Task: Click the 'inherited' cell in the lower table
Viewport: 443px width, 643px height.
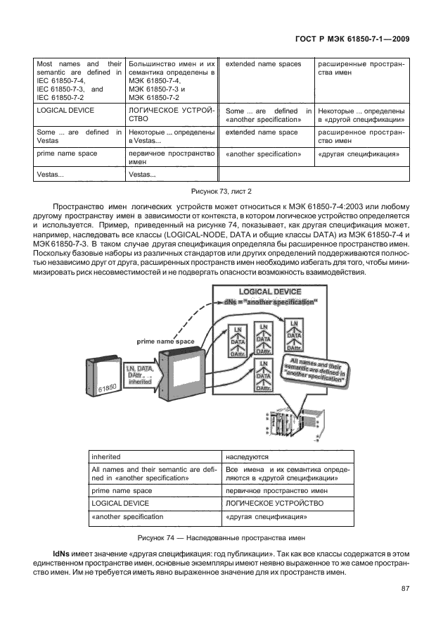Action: (153, 456)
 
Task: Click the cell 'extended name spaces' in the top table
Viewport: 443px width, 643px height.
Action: (264, 64)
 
